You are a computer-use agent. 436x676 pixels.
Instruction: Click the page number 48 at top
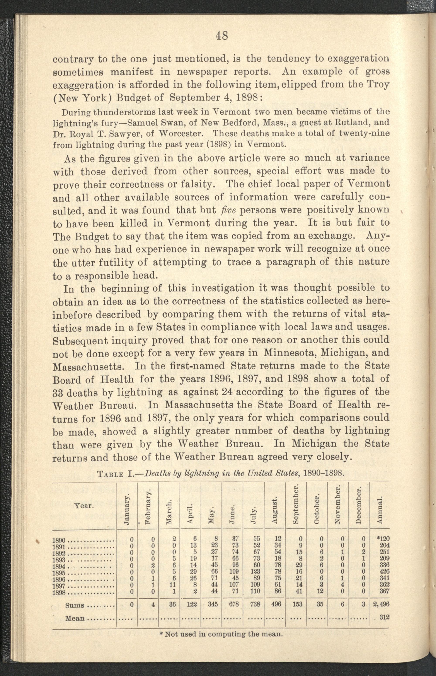coord(221,36)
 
